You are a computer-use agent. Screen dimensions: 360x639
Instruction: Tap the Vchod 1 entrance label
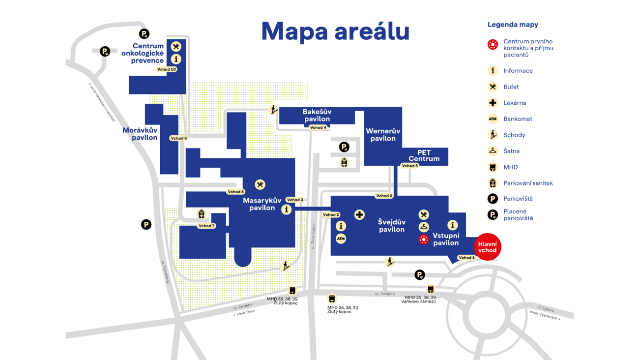coord(466,258)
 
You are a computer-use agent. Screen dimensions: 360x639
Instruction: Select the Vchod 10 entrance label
coord(167,69)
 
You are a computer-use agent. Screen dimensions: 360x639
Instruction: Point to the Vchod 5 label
coord(410,166)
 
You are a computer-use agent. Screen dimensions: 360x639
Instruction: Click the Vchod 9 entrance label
coord(178,138)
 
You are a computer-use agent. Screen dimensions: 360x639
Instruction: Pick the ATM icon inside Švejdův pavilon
coord(341,239)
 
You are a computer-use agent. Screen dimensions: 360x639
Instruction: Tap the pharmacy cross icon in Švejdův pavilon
coord(360,214)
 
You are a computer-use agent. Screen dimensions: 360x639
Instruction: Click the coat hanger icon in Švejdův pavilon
coord(424,227)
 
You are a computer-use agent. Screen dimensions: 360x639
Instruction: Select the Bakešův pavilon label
coord(317,116)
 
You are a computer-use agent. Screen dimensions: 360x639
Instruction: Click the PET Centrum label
coord(424,155)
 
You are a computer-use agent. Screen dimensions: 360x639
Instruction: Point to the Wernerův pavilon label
coord(383,135)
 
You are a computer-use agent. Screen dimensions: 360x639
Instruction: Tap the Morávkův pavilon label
coord(140,134)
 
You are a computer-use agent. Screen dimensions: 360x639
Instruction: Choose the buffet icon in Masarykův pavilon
coord(260,184)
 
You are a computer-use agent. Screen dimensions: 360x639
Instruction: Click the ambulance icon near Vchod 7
coord(201,214)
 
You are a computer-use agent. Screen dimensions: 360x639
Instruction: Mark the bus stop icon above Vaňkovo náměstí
coord(431,289)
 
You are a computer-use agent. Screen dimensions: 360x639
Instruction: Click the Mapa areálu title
coord(335,31)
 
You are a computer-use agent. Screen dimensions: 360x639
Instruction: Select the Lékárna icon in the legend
coord(493,103)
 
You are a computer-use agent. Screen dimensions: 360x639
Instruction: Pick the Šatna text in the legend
coord(511,151)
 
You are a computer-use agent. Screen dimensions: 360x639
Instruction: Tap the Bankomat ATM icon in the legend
coord(493,119)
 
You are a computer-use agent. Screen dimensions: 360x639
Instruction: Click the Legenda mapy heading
coord(513,25)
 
